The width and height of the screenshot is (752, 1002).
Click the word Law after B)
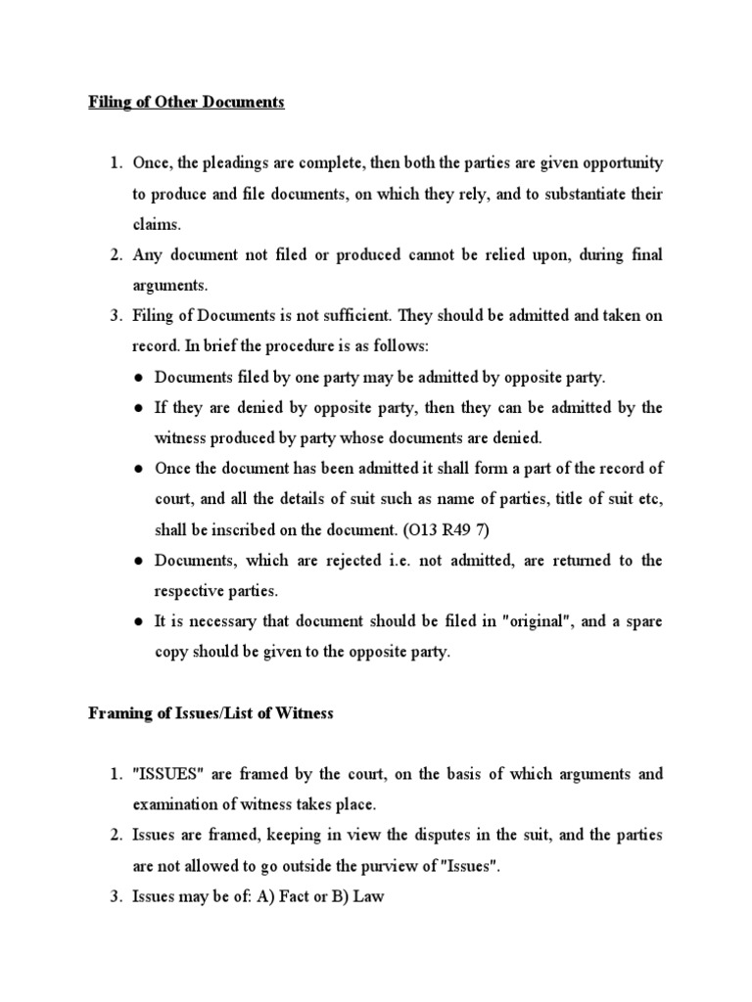[368, 896]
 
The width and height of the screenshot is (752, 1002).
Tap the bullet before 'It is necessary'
[141, 622]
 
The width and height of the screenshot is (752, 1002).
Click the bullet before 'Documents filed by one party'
[141, 378]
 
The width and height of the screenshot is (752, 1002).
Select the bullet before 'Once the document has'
[141, 469]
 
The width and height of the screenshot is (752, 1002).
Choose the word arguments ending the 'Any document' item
[168, 286]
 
